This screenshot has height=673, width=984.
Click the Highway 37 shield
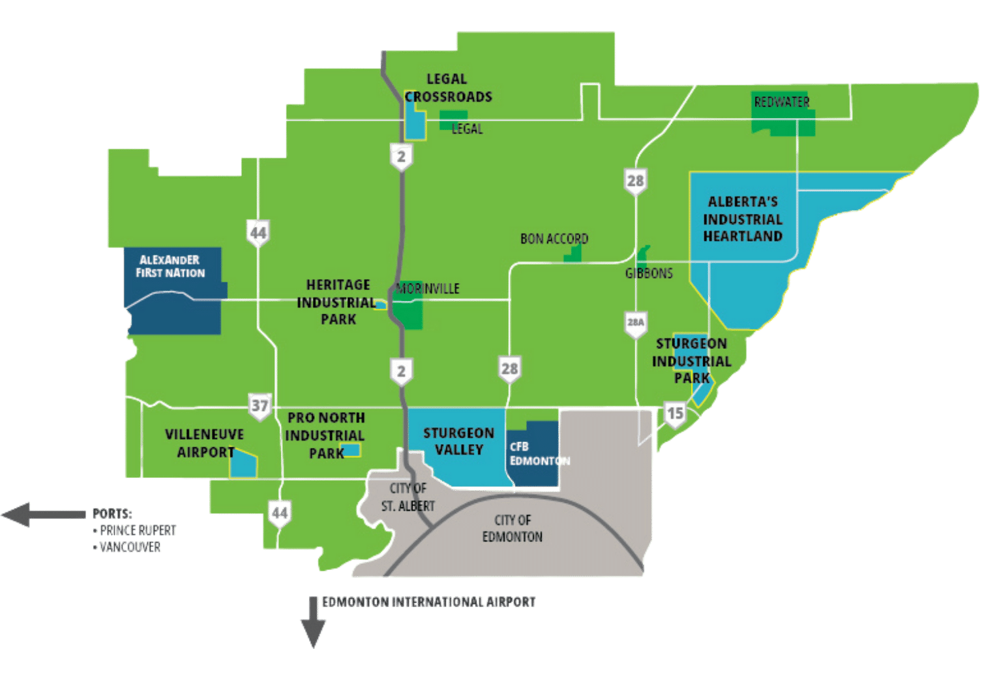[x=260, y=405]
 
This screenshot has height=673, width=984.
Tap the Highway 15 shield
[x=675, y=413]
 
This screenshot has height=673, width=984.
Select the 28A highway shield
[x=635, y=322]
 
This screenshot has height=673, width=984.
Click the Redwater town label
[x=781, y=102]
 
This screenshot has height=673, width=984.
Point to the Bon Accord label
[x=554, y=239]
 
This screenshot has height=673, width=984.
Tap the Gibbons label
[x=649, y=273]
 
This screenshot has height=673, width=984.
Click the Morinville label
[x=428, y=289]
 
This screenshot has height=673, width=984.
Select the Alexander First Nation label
[x=170, y=266]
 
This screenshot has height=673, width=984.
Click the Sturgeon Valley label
[x=458, y=441]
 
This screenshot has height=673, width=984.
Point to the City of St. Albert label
[x=408, y=497]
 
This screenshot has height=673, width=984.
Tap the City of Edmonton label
[x=513, y=528]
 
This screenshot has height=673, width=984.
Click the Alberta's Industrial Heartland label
[x=743, y=219]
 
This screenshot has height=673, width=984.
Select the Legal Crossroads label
[x=448, y=88]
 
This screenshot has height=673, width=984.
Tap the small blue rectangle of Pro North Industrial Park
[x=351, y=450]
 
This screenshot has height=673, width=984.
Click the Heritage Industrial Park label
[x=337, y=302]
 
